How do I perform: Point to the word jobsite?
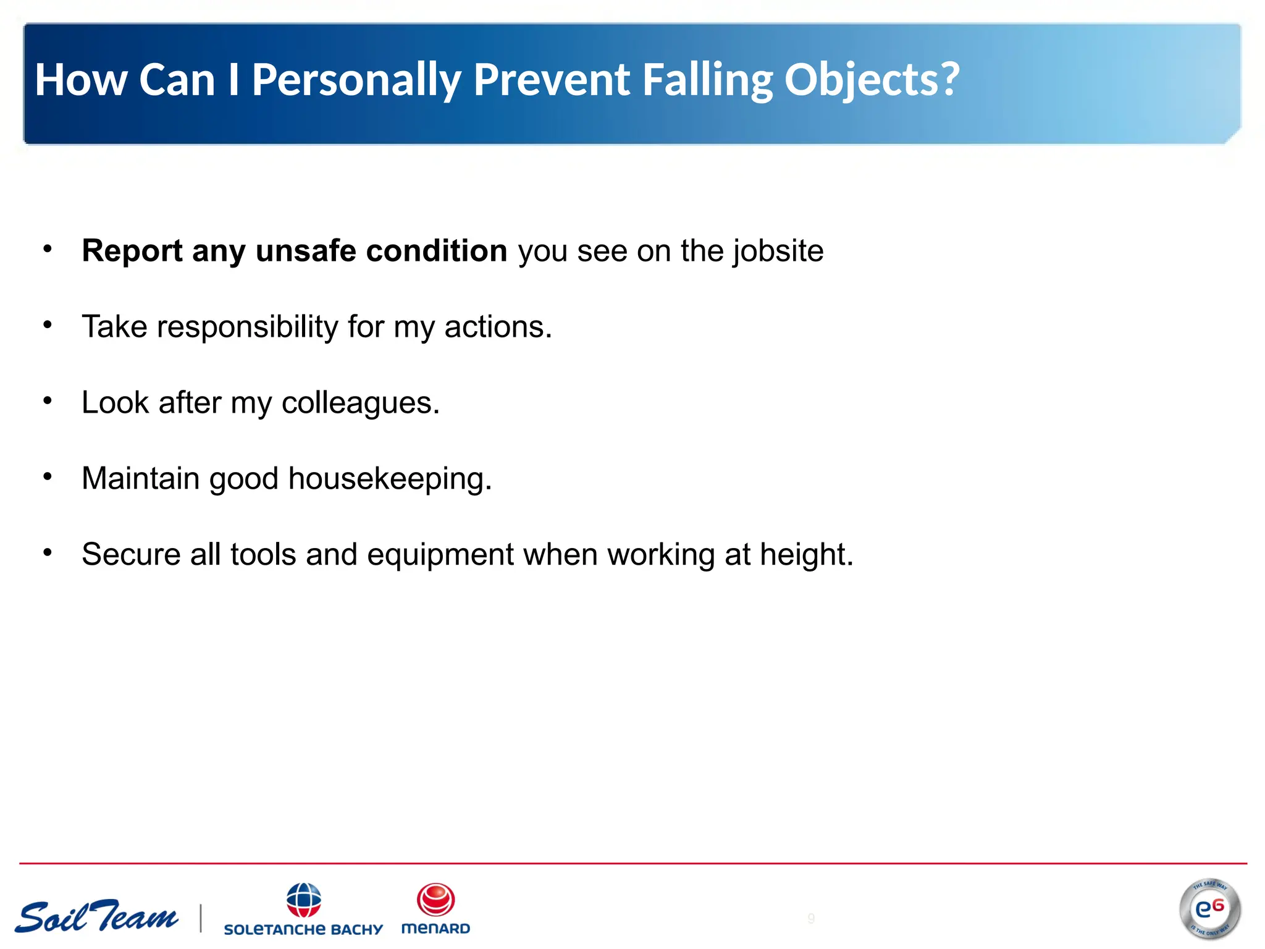coord(778,251)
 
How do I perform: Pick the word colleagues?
coord(360,403)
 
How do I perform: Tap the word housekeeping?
coord(390,479)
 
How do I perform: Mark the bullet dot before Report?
coord(48,248)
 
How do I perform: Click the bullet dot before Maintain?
coord(48,476)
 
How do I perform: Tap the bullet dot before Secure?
coord(48,552)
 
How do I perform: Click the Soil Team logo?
coord(97,917)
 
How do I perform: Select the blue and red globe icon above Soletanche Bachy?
coord(303,900)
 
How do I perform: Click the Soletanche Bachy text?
coord(303,929)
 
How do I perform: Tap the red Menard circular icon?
coord(435,900)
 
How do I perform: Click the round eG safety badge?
coord(1209,908)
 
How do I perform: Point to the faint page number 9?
coord(811,918)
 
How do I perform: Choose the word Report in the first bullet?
coord(132,251)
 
